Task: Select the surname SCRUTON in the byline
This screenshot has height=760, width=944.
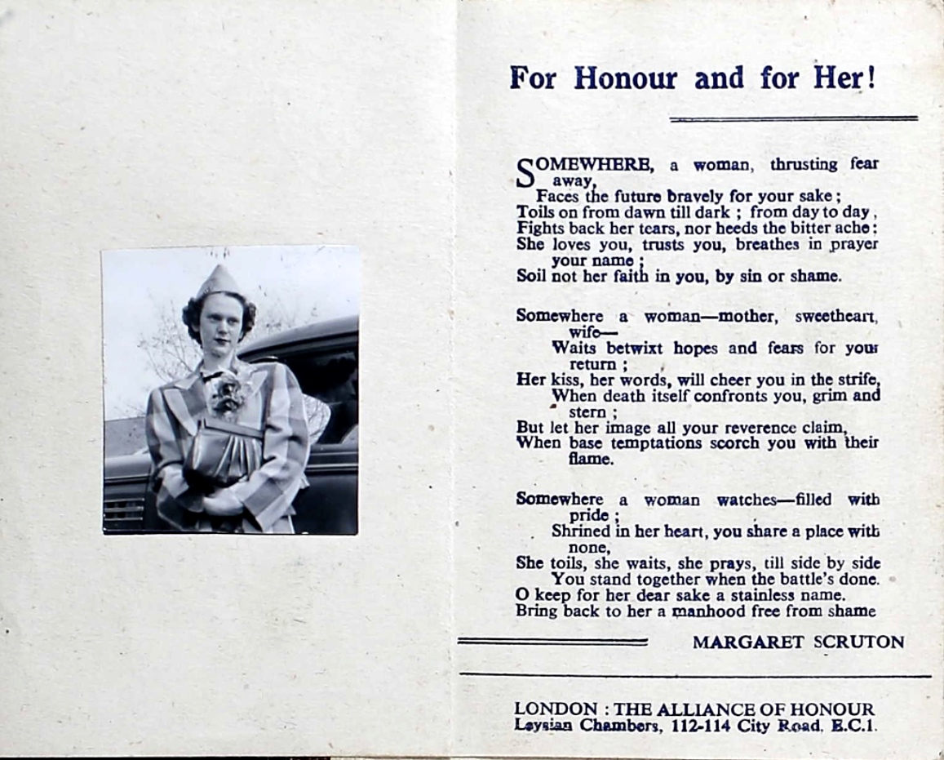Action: [x=859, y=642]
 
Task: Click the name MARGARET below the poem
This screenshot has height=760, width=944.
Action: [x=748, y=642]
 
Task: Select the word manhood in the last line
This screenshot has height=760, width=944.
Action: [x=704, y=611]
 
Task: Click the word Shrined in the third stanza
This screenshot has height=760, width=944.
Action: [x=581, y=531]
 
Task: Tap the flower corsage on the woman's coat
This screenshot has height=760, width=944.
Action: [x=228, y=394]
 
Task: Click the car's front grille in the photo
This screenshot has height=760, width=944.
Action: [x=124, y=513]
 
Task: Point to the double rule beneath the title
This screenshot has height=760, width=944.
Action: [x=793, y=119]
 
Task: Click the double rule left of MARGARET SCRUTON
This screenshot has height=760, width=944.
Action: [x=552, y=642]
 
